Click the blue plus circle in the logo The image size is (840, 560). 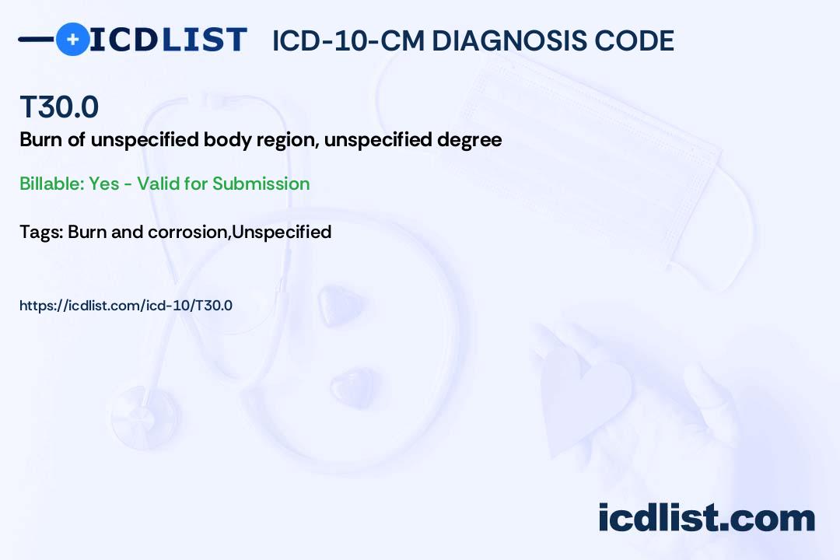[72, 39]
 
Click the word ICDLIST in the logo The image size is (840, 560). [168, 40]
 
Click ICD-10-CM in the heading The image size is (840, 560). [348, 40]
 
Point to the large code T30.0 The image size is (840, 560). [59, 107]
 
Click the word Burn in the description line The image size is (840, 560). [41, 139]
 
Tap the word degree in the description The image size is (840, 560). [469, 141]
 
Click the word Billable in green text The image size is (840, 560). [51, 184]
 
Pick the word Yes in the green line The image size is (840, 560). [104, 184]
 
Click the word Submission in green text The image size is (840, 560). [261, 184]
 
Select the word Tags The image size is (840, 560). [41, 233]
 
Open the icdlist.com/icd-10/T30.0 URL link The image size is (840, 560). [126, 306]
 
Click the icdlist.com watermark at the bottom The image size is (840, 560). [706, 517]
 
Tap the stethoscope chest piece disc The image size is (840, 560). [145, 415]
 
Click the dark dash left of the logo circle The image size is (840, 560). [37, 39]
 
